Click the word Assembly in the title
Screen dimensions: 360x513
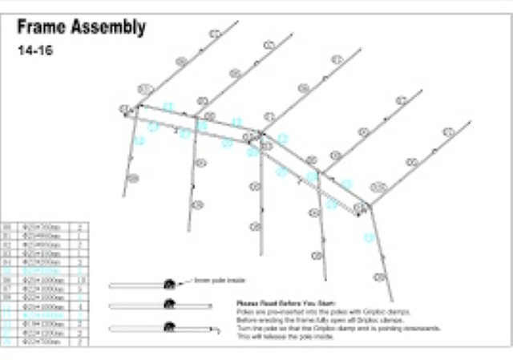pyautogui.click(x=110, y=28)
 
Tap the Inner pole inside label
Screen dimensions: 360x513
pyautogui.click(x=220, y=280)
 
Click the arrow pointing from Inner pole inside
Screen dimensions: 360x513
pyautogui.click(x=188, y=281)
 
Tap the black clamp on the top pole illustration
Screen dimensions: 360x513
pyautogui.click(x=170, y=284)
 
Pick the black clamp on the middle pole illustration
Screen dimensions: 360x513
pyautogui.click(x=170, y=303)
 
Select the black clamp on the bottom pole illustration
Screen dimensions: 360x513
pyautogui.click(x=170, y=326)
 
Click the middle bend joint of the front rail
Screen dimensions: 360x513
pyautogui.click(x=261, y=136)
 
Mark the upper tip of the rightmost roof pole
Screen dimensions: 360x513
pyautogui.click(x=471, y=122)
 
